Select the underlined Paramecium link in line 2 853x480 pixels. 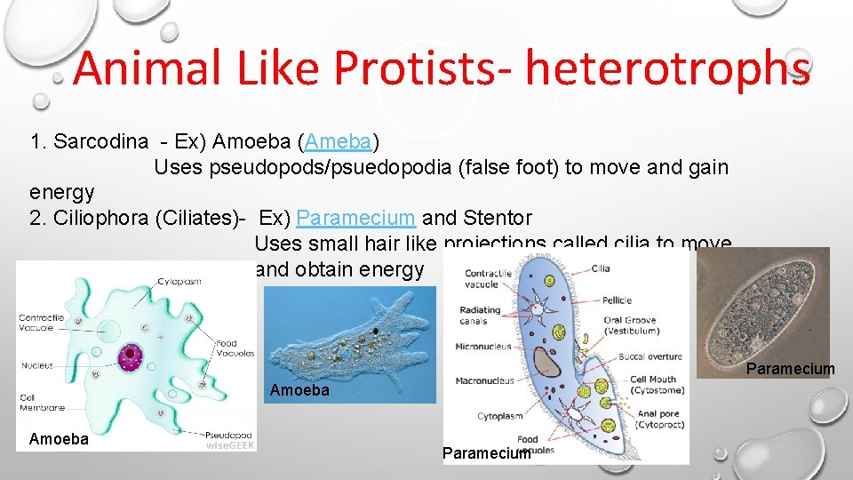355,218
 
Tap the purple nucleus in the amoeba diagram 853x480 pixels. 131,356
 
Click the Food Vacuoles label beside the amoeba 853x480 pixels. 235,348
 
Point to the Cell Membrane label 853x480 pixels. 43,403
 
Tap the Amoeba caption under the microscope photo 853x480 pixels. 299,390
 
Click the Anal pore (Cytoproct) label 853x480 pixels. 658,420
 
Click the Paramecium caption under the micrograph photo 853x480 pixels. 791,369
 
